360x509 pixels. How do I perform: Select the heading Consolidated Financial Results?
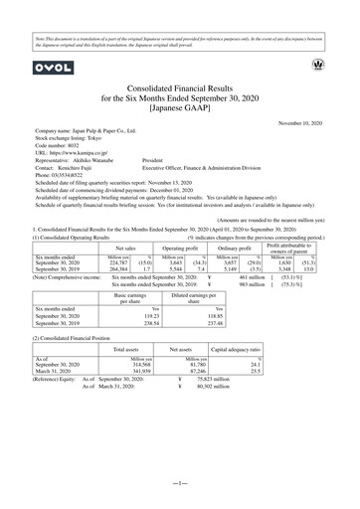[180, 88]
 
